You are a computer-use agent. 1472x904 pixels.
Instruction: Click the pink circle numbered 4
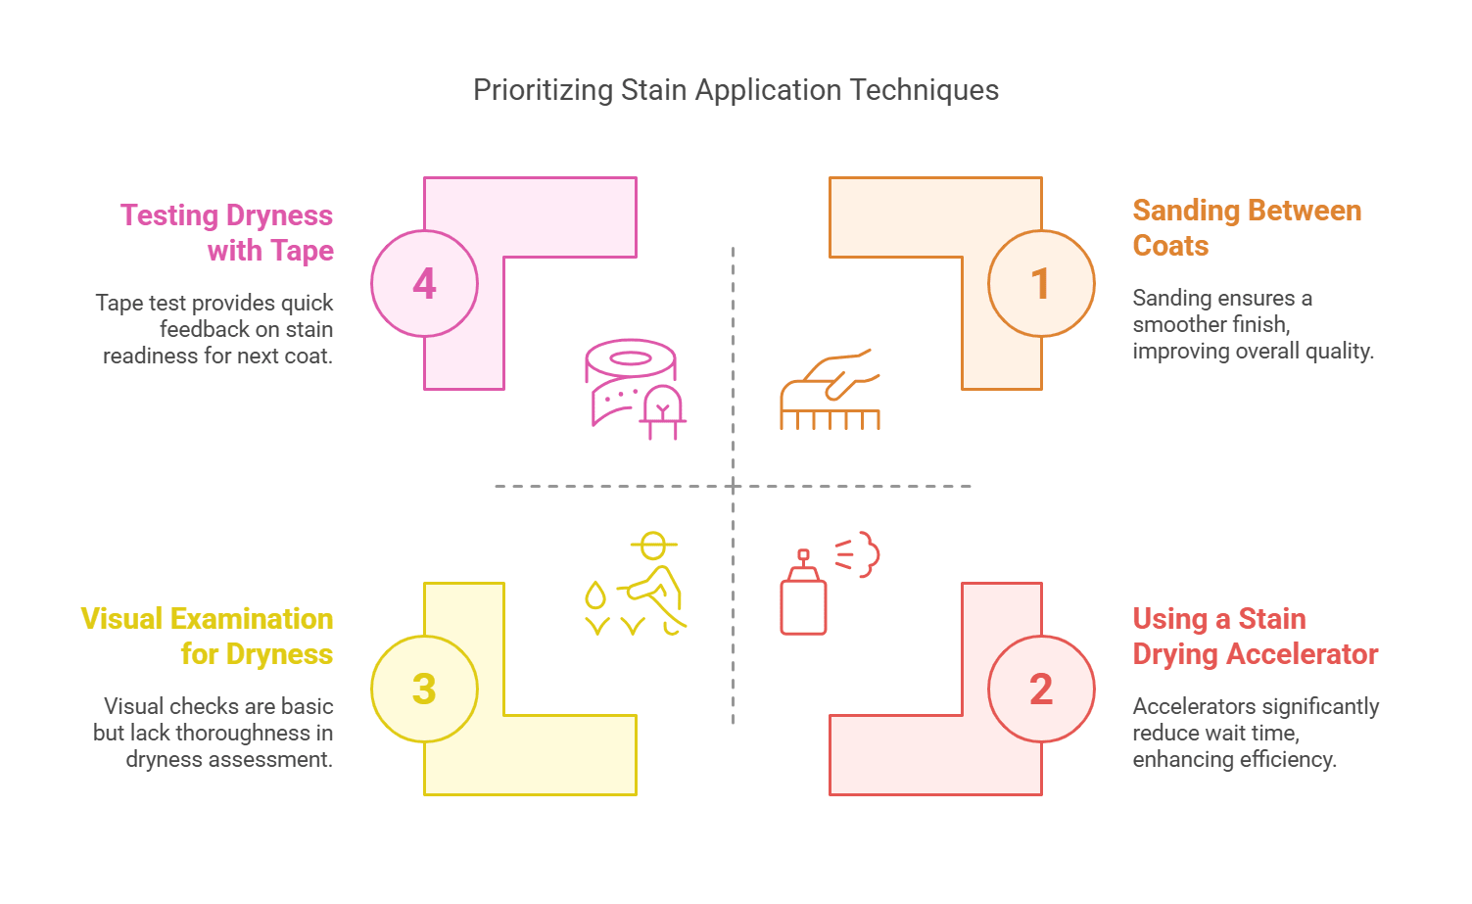pos(424,284)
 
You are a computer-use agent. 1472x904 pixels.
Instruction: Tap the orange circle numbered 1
pos(1041,284)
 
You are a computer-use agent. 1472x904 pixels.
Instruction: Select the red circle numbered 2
pos(1041,690)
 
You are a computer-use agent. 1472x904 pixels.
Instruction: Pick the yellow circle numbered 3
pos(424,690)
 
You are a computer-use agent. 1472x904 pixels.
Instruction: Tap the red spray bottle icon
pos(805,595)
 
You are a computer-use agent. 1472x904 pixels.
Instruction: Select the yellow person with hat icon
pos(654,584)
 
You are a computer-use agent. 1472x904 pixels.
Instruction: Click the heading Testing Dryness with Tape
pos(227,233)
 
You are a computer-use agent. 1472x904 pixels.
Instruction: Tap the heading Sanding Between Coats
pos(1246,228)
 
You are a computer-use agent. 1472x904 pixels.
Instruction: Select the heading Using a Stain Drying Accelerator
pos(1255,637)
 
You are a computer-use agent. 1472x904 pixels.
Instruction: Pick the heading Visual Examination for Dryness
pos(208,637)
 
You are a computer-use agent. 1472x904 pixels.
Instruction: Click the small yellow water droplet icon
pos(594,595)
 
